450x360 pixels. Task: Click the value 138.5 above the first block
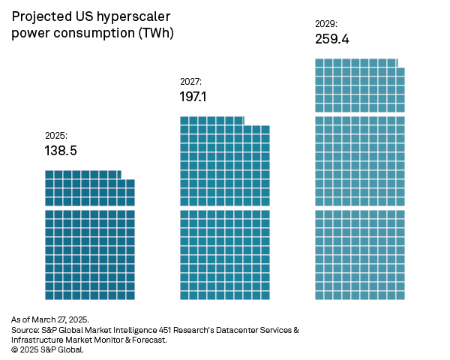pyautogui.click(x=61, y=151)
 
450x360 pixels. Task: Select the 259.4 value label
pyautogui.click(x=332, y=38)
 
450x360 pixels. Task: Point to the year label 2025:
pyautogui.click(x=56, y=136)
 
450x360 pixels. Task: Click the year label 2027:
pyautogui.click(x=190, y=81)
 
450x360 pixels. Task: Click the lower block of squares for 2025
pyautogui.click(x=90, y=255)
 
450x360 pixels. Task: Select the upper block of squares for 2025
pyautogui.click(x=90, y=188)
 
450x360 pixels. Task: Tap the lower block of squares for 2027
pyautogui.click(x=225, y=255)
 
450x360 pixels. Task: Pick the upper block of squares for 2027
pyautogui.click(x=225, y=161)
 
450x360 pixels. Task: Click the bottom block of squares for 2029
pyautogui.click(x=360, y=255)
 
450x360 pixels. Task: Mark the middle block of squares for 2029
pyautogui.click(x=360, y=161)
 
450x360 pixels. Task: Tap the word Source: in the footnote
pyautogui.click(x=25, y=330)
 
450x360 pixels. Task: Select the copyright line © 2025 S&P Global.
pyautogui.click(x=48, y=349)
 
